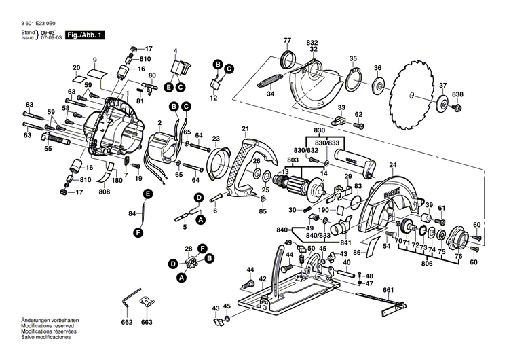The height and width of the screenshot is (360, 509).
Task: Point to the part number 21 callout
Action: [x=245, y=128]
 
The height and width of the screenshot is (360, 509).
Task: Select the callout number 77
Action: [x=286, y=41]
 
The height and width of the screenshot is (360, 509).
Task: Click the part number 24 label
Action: [x=392, y=165]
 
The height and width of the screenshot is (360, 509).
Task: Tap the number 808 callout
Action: [x=104, y=192]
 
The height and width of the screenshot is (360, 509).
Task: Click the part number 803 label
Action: [x=293, y=160]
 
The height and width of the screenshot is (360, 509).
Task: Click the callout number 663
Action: [x=147, y=323]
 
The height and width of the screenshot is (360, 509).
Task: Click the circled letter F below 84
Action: [x=138, y=233]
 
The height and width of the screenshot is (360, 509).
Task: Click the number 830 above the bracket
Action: [x=320, y=130]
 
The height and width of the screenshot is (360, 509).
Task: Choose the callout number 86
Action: [x=356, y=252]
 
